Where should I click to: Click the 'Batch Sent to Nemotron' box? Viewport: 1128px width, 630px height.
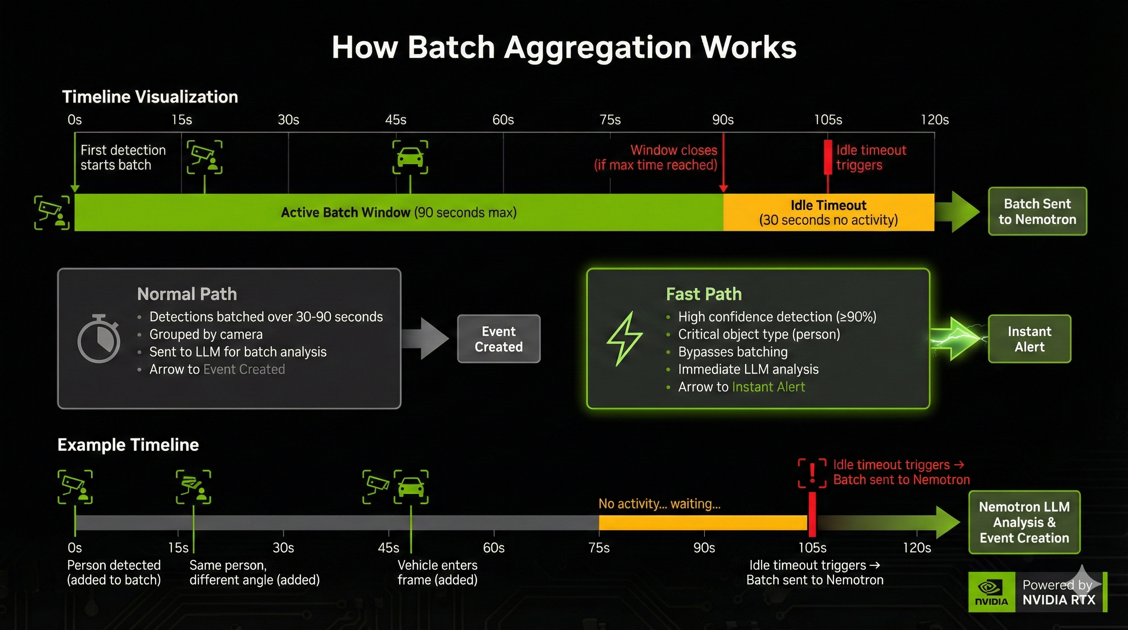coord(1037,212)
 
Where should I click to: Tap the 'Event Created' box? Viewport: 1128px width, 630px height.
coord(498,339)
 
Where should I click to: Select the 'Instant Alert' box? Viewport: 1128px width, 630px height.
coord(1029,339)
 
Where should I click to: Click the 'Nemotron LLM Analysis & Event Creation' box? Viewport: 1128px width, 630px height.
coord(1024,522)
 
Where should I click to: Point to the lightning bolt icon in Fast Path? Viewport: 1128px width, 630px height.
coord(624,339)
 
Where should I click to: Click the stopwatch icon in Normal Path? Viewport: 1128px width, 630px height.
coord(98,339)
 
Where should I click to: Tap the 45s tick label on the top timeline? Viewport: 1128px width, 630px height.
coord(396,120)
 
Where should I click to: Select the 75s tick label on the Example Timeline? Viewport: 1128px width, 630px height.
coord(598,548)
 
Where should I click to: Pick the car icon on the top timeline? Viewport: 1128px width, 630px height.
coord(410,157)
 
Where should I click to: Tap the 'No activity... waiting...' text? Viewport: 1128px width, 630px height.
coord(659,504)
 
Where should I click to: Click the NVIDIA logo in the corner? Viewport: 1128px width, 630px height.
coord(992,592)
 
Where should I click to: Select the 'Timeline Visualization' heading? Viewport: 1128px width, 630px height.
coord(150,97)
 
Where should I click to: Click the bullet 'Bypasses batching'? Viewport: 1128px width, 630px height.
coord(732,352)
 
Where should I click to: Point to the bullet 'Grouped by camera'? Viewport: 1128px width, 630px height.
coord(205,334)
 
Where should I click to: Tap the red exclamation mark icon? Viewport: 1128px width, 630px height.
coord(812,473)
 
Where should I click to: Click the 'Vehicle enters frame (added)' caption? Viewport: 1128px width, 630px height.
coord(437,572)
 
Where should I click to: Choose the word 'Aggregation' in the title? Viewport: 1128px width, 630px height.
coord(597,47)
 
